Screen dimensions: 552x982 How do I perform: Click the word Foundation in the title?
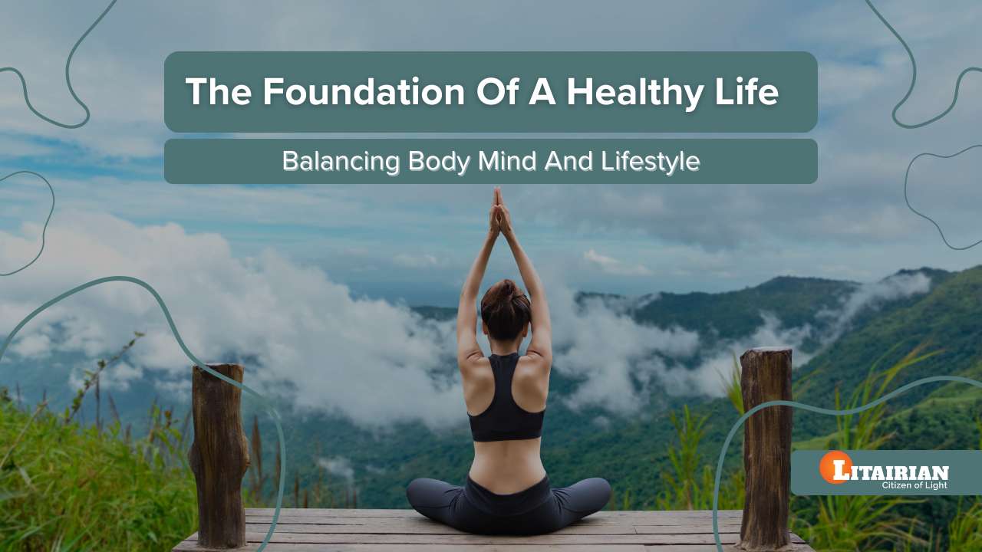[x=364, y=92]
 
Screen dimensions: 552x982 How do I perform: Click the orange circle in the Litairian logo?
[x=835, y=468]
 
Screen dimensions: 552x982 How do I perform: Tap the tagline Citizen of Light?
[x=914, y=485]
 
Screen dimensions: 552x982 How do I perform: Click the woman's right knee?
[x=591, y=492]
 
